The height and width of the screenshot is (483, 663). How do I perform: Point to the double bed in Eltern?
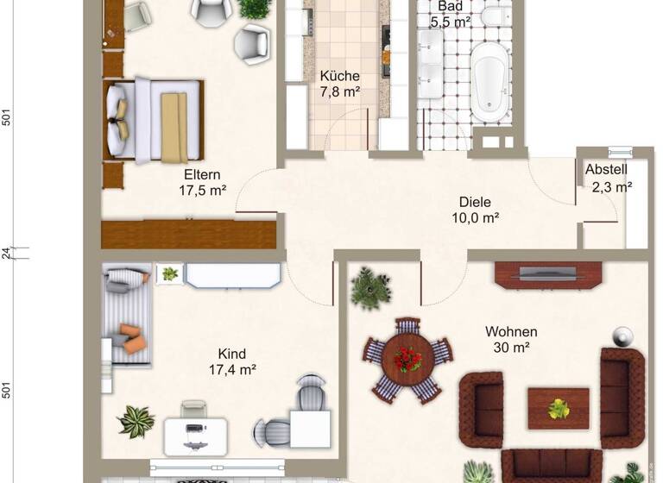[155, 119]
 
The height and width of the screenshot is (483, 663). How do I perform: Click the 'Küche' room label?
[339, 76]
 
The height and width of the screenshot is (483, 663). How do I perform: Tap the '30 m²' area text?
[510, 348]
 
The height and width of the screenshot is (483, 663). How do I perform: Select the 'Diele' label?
[476, 202]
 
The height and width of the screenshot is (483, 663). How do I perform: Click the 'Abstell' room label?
[607, 170]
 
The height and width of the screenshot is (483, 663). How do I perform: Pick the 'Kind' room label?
[232, 354]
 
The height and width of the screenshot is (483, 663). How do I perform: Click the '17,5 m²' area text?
[203, 191]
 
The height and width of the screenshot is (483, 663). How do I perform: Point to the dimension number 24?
[6, 253]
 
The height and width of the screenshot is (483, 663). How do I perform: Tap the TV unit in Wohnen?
[547, 275]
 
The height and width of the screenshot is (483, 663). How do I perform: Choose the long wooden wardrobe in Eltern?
[188, 234]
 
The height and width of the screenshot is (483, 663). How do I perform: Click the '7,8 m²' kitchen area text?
[339, 92]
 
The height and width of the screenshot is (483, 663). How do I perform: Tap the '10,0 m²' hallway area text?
[476, 218]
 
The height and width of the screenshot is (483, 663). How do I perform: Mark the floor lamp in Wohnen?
[621, 336]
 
